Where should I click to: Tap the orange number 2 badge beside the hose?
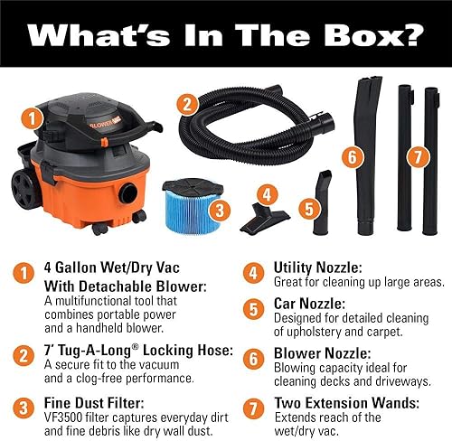click(187, 104)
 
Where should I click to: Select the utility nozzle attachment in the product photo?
click(265, 218)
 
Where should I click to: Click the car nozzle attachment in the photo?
click(322, 202)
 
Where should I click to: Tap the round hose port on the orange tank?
click(128, 192)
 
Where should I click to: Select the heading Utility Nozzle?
click(318, 267)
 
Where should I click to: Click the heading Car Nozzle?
click(309, 304)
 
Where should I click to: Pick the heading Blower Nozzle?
click(323, 353)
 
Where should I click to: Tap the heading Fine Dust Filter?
click(94, 403)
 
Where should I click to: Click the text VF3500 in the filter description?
click(63, 418)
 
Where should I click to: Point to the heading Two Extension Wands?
click(347, 403)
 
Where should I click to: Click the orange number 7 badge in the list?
click(253, 408)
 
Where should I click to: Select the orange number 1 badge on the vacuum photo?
click(32, 118)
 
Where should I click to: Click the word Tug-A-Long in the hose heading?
click(98, 351)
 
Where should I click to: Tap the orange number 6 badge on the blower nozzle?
click(353, 156)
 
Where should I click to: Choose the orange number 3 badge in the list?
click(24, 408)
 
